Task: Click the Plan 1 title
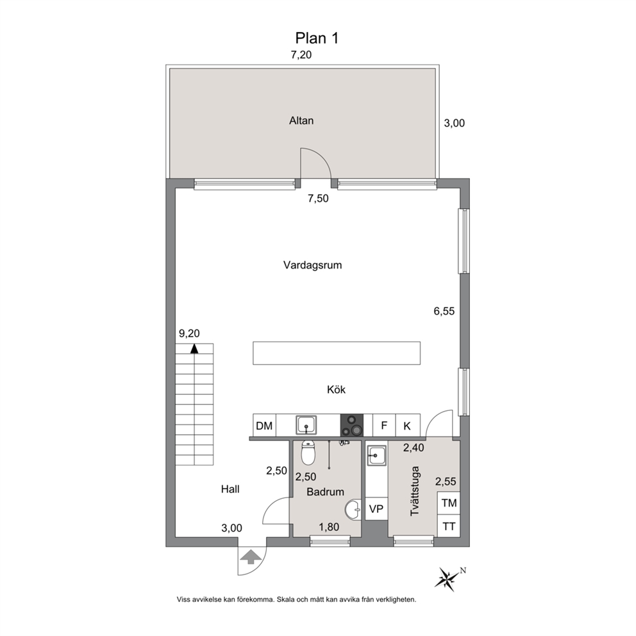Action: pos(317,38)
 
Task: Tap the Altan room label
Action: pos(301,121)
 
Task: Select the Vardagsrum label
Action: pos(312,265)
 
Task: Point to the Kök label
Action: pos(336,389)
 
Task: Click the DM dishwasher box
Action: pos(264,426)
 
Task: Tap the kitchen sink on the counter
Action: pos(306,425)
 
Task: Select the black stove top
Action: pos(352,426)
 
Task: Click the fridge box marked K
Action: pos(408,426)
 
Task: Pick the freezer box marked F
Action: pos(384,426)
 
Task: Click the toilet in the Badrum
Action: pos(308,453)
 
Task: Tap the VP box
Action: pos(376,508)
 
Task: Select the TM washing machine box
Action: pos(449,503)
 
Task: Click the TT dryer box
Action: pos(449,526)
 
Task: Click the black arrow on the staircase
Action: pos(195,348)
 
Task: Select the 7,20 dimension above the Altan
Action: pos(301,54)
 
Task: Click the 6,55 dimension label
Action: pos(444,311)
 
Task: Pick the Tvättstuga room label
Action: pos(415,491)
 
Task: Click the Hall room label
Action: pos(230,489)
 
